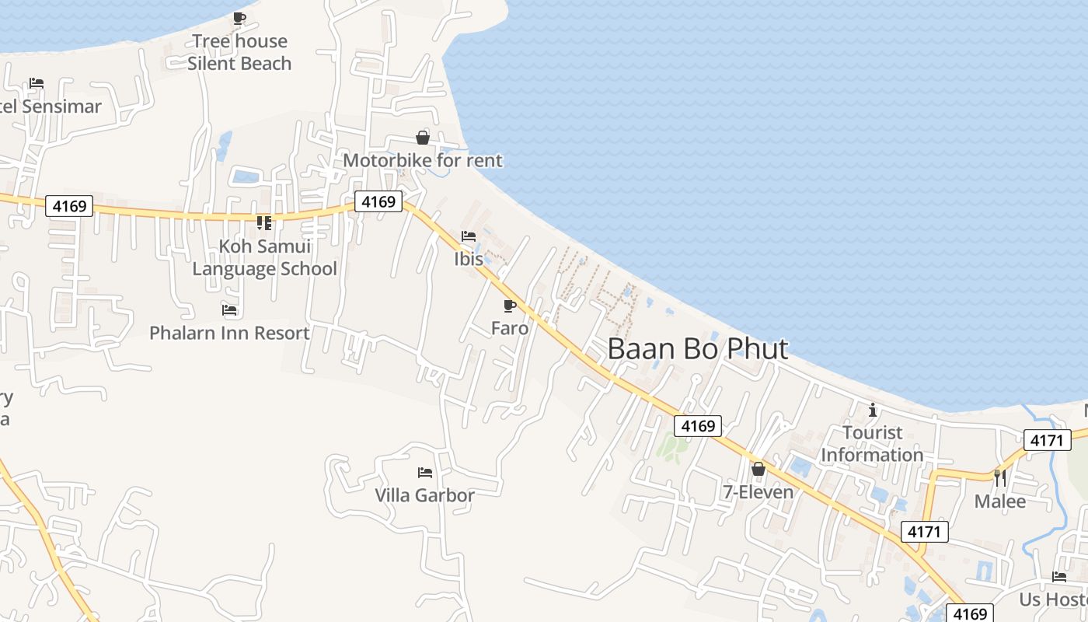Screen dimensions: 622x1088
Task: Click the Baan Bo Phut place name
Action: (697, 349)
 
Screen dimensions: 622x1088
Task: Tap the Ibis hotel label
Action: (469, 259)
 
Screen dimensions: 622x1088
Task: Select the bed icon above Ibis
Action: (469, 236)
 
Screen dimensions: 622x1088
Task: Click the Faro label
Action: (510, 328)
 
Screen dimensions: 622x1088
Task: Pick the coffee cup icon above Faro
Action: (510, 306)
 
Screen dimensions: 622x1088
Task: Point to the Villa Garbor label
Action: (424, 494)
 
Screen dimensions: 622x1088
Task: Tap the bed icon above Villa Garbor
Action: (424, 472)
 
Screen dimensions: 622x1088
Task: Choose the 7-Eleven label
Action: (758, 492)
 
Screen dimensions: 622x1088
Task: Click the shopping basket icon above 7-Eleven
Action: (758, 469)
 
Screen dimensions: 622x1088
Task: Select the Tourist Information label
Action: (872, 443)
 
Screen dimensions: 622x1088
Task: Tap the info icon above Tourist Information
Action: (873, 410)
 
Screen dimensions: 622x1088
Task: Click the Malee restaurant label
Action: (1000, 501)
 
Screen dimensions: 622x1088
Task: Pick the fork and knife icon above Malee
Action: (1000, 477)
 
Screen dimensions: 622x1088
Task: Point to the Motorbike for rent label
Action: (423, 161)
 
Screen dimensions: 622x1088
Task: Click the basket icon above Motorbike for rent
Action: (423, 138)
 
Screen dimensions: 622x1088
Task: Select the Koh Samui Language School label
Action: (264, 257)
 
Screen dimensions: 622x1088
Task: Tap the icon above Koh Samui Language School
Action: (264, 223)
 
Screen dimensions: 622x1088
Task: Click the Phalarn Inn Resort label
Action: (229, 333)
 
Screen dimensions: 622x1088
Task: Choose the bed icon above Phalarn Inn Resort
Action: (229, 310)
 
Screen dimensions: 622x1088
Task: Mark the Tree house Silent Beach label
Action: (239, 52)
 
